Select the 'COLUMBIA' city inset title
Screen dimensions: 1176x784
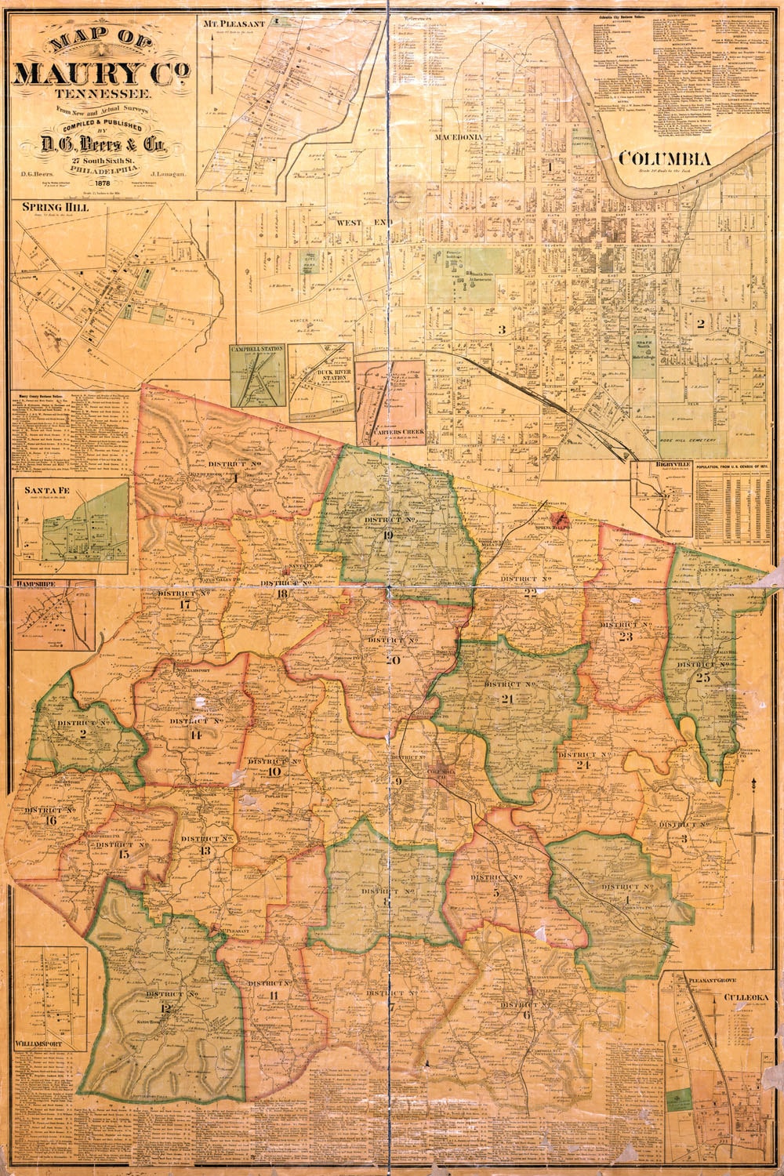[665, 159]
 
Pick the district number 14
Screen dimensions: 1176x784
[196, 735]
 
